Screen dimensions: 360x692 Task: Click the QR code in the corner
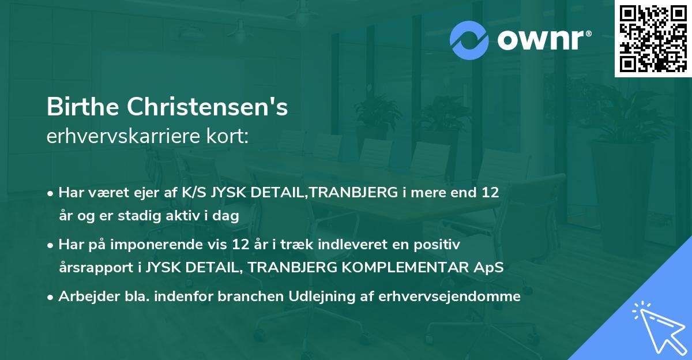tap(652, 38)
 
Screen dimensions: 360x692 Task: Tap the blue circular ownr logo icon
tap(469, 40)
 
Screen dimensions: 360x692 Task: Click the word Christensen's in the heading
tap(210, 107)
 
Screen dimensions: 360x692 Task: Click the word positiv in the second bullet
tap(441, 245)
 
